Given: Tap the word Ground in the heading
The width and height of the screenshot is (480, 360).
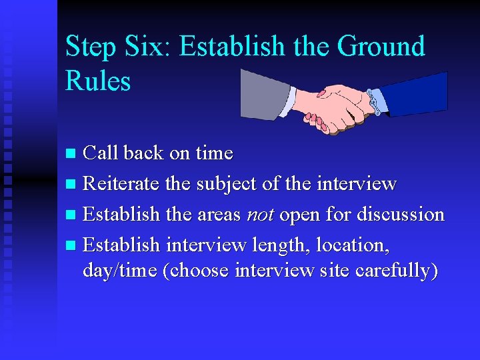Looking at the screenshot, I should [x=381, y=47].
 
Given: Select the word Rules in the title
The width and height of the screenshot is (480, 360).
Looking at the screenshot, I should [x=98, y=81].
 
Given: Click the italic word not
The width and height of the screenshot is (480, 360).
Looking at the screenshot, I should [x=261, y=215].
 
